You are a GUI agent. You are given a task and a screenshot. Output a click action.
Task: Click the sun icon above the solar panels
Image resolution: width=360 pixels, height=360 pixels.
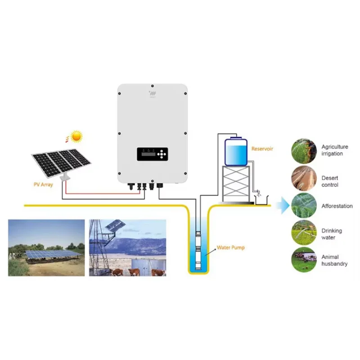pyautogui.click(x=76, y=136)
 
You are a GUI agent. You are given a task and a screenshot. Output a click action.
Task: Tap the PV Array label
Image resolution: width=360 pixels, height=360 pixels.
pyautogui.click(x=43, y=184)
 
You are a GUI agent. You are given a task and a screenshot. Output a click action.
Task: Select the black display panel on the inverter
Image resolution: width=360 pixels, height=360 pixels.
pyautogui.click(x=153, y=154)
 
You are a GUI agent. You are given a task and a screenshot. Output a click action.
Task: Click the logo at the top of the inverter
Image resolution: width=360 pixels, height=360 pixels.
pyautogui.click(x=153, y=94)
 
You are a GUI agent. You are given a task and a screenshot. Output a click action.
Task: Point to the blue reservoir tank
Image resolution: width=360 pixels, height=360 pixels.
pyautogui.click(x=236, y=151)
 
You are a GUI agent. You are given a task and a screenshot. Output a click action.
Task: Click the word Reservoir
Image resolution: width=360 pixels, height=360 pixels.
pyautogui.click(x=262, y=149)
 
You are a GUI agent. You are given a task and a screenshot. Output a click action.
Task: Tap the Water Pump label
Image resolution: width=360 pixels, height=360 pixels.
pyautogui.click(x=230, y=247)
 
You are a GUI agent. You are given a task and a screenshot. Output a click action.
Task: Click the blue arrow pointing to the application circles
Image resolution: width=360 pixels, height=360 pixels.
pyautogui.click(x=283, y=205)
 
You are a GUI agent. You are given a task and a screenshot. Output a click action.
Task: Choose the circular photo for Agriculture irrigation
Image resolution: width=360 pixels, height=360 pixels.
pyautogui.click(x=304, y=151)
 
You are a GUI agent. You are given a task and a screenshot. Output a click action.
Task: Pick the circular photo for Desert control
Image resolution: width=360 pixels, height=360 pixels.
pyautogui.click(x=304, y=178)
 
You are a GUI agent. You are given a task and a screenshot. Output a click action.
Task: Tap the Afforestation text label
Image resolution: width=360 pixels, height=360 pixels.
pyautogui.click(x=337, y=206)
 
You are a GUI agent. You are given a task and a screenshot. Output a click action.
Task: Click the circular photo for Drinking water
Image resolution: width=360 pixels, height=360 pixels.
pyautogui.click(x=304, y=233)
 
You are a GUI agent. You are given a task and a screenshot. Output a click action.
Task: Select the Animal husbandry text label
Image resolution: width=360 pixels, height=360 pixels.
pyautogui.click(x=334, y=261)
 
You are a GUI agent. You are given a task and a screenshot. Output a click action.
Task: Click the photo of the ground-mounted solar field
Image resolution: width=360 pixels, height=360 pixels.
pyautogui.click(x=46, y=248)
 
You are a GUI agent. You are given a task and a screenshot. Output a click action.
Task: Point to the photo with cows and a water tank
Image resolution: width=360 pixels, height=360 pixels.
pyautogui.click(x=128, y=248)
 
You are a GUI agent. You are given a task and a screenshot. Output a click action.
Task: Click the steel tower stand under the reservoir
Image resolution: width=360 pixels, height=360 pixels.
pyautogui.click(x=236, y=184)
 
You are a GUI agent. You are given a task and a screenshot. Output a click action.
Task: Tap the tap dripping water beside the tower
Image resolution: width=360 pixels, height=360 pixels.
pyautogui.click(x=258, y=193)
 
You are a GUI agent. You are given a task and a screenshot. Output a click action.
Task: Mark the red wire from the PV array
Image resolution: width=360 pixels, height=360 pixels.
pyautogui.click(x=102, y=193)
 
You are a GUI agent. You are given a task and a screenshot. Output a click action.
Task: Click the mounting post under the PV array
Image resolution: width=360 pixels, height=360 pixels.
pyautogui.click(x=65, y=177)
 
